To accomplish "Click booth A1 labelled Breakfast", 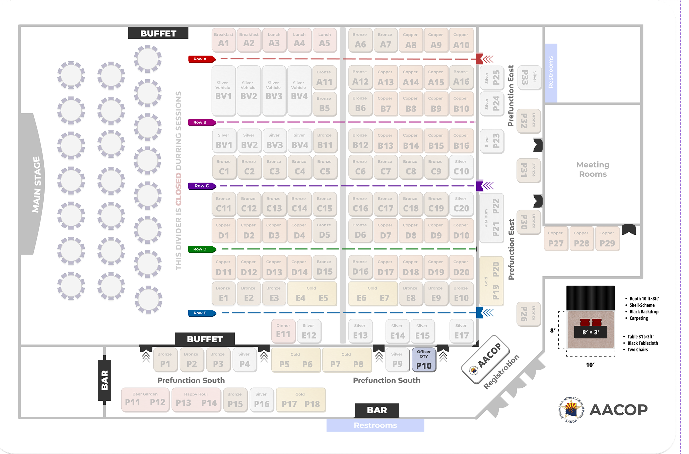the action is pos(223,40).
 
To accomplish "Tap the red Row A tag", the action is pos(201,59).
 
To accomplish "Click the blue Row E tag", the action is pos(201,313).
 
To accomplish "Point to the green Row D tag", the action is pos(201,249).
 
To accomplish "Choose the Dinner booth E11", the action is pos(283,331).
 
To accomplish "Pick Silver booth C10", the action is pos(461,167).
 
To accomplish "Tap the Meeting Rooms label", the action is pos(593,169).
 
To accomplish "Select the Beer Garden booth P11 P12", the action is pos(145,399).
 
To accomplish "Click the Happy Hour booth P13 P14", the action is pos(196,399).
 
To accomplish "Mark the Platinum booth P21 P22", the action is pos(491,218).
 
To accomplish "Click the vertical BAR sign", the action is pos(105,380).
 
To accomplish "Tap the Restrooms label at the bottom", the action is pos(375,425).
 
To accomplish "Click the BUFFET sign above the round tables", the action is pos(158,33).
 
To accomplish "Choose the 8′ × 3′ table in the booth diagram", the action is pos(591,332).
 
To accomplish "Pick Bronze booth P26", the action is pos(529,314).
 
